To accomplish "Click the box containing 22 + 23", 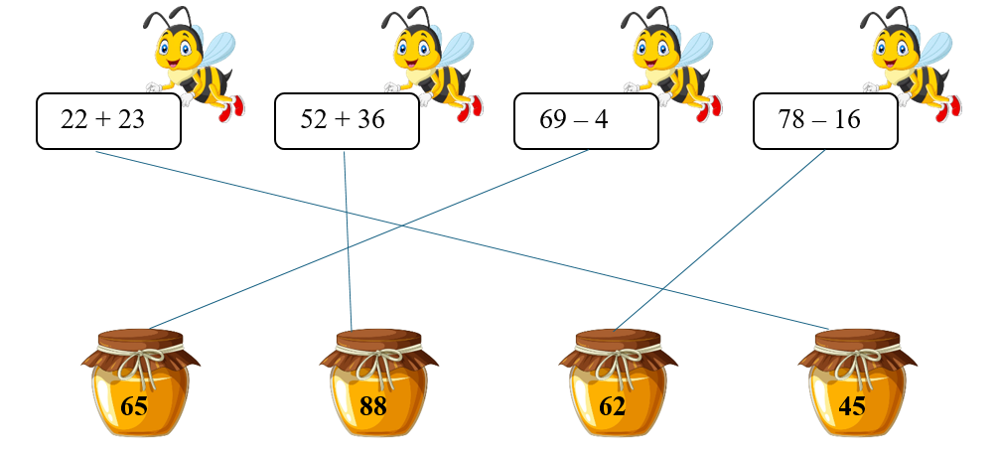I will (108, 121).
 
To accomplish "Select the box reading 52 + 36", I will (347, 121).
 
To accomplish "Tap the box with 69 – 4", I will (586, 121).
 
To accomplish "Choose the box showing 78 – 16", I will (825, 121).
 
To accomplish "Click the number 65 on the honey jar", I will (133, 406).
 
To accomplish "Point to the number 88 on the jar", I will (372, 406).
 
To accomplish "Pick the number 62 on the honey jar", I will (613, 406).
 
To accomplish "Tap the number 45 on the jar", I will (852, 406).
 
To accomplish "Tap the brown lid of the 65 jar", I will (140, 340).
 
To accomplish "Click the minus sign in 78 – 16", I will (820, 121).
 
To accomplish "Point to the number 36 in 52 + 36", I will (369, 121).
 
